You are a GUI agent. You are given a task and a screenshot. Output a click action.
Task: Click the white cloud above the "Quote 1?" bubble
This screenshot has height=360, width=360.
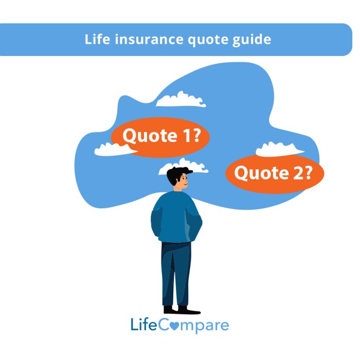pyautogui.click(x=181, y=100)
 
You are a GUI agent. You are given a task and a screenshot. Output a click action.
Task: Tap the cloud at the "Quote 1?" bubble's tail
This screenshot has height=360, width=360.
pyautogui.click(x=112, y=149)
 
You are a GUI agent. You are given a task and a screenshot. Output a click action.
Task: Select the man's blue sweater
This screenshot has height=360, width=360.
pyautogui.click(x=175, y=216)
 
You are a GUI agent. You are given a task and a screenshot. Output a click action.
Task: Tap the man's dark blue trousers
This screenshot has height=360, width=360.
pyautogui.click(x=175, y=273)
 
